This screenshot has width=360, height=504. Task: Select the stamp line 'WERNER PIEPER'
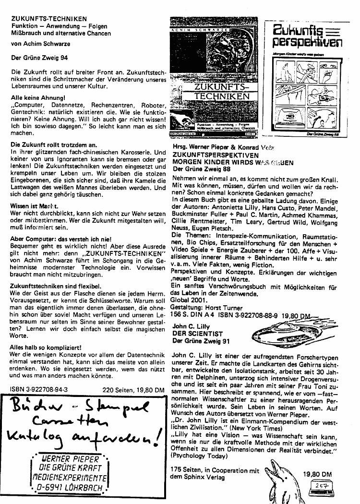73,458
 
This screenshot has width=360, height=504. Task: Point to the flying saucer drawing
282,332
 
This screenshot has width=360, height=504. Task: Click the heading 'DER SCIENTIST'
197,334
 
